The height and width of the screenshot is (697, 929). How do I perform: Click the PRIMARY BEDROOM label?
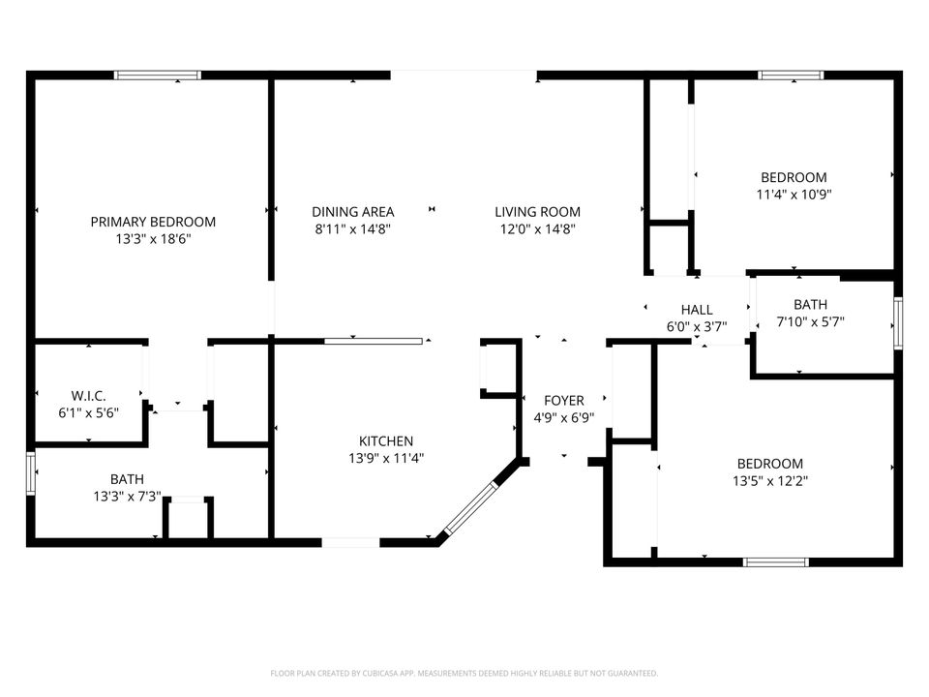[153, 222]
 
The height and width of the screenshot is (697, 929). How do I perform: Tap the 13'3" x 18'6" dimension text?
[153, 238]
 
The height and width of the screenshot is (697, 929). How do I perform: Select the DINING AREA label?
[353, 212]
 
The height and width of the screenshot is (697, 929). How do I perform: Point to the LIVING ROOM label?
[537, 212]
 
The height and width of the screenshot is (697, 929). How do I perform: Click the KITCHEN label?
[386, 440]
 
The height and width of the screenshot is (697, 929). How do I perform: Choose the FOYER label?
[564, 401]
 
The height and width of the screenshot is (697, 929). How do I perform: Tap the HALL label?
[696, 310]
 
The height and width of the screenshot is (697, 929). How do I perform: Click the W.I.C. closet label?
[88, 395]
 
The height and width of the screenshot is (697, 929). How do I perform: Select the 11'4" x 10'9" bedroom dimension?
[794, 194]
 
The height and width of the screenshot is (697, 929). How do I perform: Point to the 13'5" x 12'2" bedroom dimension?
[769, 480]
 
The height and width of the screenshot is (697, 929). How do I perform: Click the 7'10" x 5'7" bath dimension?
[810, 321]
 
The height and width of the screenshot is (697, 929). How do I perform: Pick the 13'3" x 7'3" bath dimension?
[127, 496]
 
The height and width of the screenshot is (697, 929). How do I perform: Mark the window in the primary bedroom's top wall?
[158, 75]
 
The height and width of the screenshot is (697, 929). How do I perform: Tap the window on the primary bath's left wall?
[32, 473]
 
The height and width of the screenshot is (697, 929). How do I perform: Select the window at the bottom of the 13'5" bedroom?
[775, 561]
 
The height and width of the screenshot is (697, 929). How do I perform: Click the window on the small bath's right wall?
[898, 323]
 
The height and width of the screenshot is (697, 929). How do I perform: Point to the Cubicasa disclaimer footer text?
[464, 673]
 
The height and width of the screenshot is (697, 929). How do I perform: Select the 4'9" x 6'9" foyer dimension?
[564, 418]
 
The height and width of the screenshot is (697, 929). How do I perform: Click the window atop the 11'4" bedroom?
[791, 75]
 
